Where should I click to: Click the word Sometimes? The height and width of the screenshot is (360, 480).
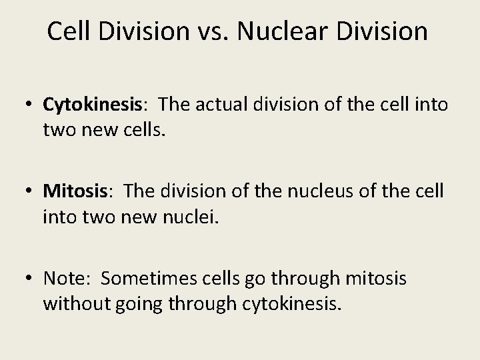pos(143,279)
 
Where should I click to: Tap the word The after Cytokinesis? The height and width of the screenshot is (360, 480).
pos(175,104)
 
